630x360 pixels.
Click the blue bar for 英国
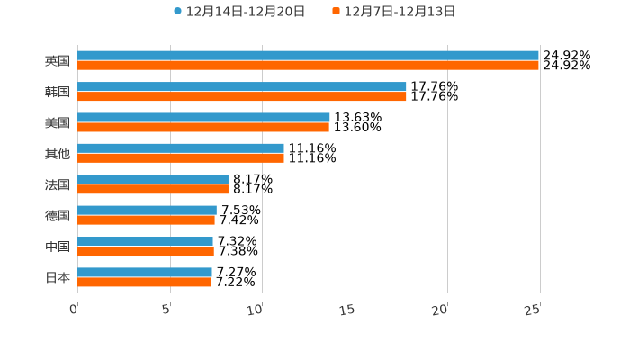tap(308, 56)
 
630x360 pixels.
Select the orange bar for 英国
tap(308, 66)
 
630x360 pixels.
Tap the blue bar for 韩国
tap(241, 86)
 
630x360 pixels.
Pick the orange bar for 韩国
tap(241, 96)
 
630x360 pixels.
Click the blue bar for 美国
tap(203, 117)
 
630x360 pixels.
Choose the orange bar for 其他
tap(180, 157)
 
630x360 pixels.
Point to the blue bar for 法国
tap(153, 179)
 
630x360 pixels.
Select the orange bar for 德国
tap(146, 220)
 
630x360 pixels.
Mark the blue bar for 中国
tap(145, 241)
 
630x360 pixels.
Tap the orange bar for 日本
tap(144, 282)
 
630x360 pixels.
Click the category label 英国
tap(58, 61)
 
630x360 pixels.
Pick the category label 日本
tap(58, 277)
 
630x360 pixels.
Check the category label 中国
tap(58, 247)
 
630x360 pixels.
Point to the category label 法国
tap(58, 184)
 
